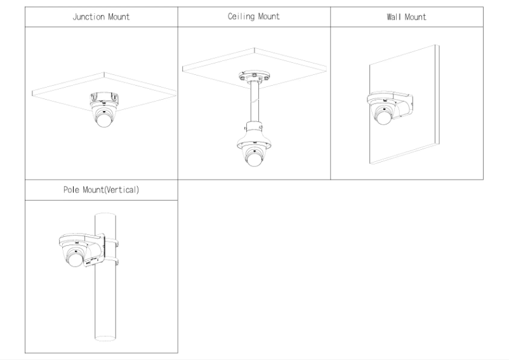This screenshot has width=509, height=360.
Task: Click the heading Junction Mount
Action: (x=102, y=17)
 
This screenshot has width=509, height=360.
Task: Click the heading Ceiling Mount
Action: (x=254, y=17)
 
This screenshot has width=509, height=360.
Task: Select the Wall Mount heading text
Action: (x=407, y=17)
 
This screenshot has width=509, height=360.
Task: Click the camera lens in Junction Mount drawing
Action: (x=103, y=121)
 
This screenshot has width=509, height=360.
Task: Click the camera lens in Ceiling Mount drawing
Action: (x=254, y=160)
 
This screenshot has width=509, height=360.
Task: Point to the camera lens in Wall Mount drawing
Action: (x=382, y=116)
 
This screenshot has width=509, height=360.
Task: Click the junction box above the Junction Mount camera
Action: (x=103, y=98)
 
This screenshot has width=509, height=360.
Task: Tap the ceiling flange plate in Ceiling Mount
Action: (x=254, y=76)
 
